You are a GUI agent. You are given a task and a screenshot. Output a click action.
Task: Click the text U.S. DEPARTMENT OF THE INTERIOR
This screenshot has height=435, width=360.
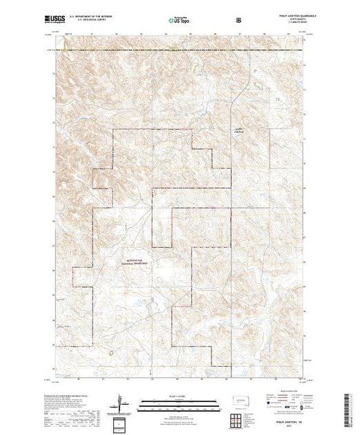pyautogui.click(x=91, y=19)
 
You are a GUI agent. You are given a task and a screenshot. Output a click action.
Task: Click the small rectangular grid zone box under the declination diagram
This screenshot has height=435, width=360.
pyautogui.click(x=121, y=422)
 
